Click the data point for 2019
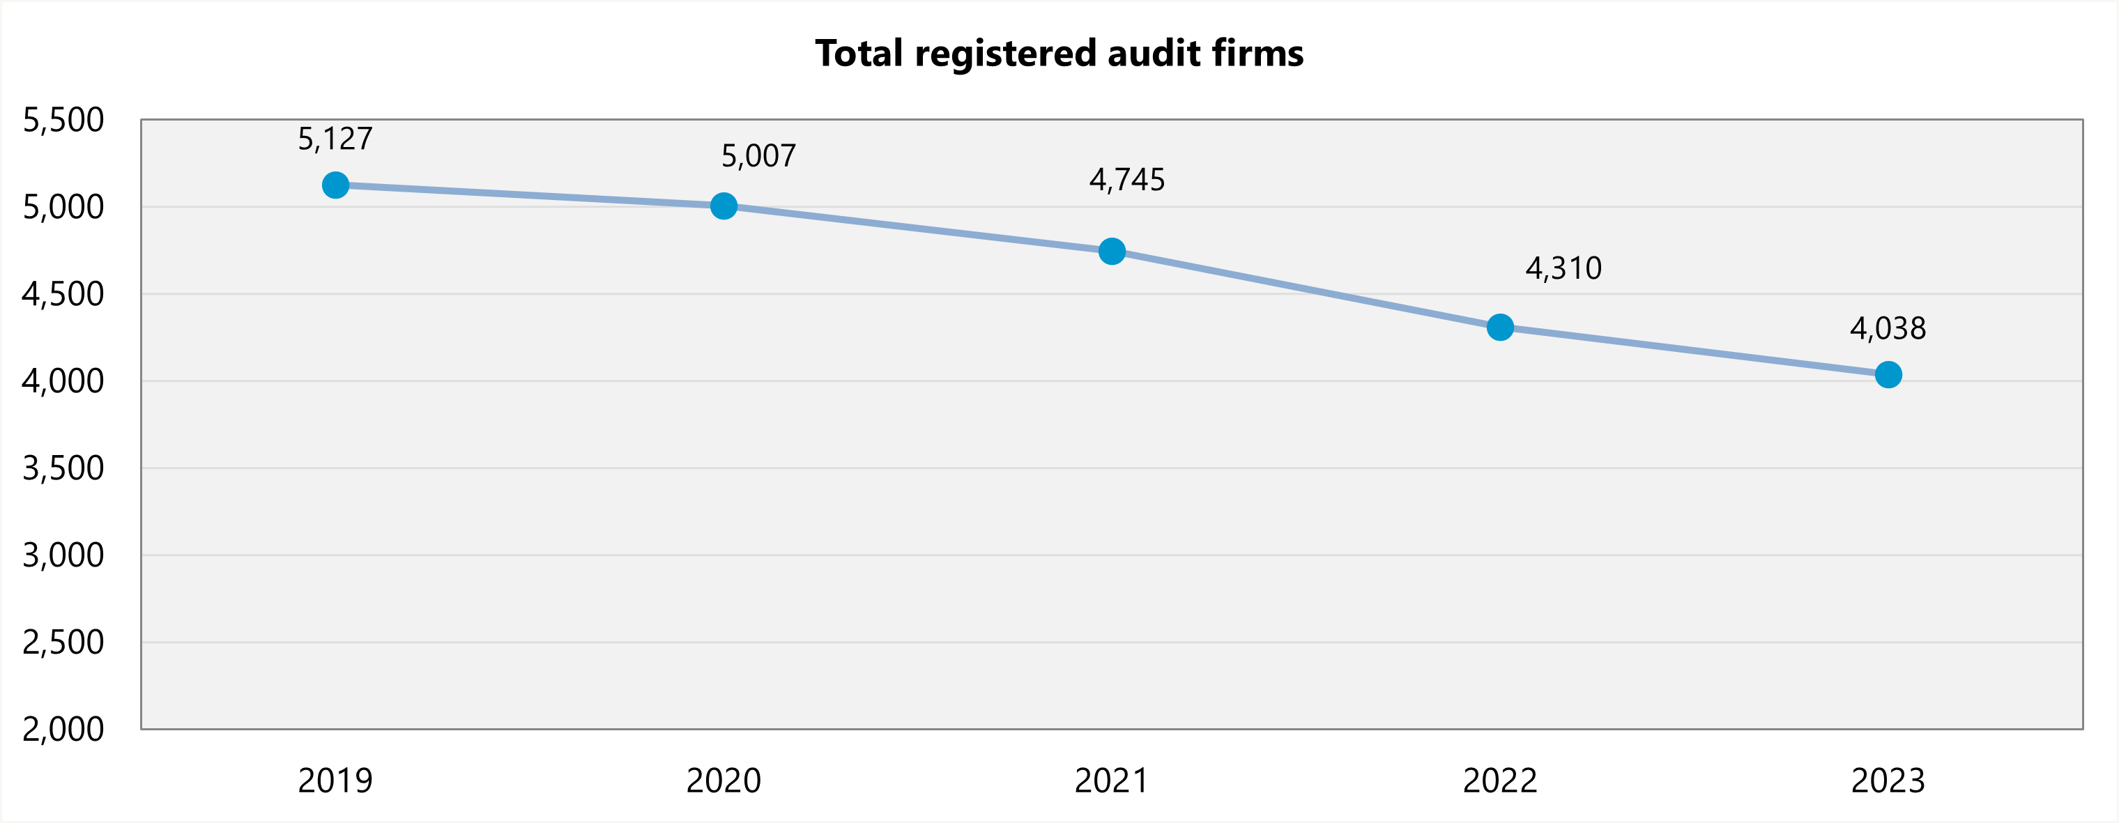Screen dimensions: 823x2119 335,185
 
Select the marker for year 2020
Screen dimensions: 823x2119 723,206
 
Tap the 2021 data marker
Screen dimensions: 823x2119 1111,251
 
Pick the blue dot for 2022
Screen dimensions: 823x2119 1499,328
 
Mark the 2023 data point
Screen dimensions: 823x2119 1888,374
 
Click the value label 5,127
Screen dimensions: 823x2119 335,139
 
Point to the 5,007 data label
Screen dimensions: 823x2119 758,156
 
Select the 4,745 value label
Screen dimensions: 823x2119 1127,180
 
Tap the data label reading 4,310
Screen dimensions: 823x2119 1563,268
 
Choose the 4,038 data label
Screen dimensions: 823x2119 1888,329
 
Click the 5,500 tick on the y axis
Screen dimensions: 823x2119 63,120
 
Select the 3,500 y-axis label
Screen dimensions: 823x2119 63,468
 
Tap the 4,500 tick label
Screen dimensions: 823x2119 63,294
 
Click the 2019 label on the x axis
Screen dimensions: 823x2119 335,780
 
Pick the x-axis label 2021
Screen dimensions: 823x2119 1111,780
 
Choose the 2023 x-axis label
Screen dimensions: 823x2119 1888,780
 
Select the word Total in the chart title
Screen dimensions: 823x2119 859,54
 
